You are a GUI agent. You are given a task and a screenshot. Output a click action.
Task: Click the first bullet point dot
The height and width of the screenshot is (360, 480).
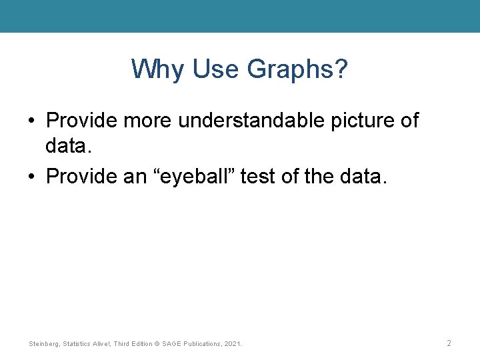[x=31, y=121]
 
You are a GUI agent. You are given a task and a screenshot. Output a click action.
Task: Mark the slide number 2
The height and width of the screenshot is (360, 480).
[x=449, y=343]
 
